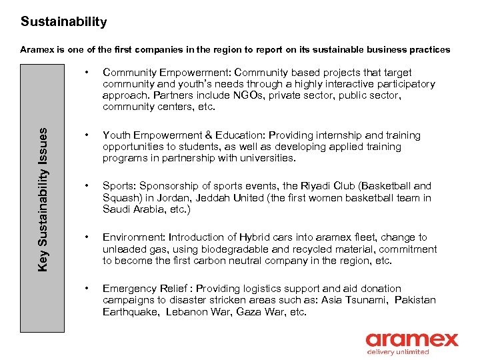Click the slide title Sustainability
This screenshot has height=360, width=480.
click(63, 22)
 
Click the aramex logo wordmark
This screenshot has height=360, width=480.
click(412, 339)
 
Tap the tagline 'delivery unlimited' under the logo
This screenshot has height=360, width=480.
click(398, 352)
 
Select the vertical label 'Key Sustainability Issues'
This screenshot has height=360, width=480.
click(43, 199)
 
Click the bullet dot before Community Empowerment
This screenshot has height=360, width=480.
click(87, 71)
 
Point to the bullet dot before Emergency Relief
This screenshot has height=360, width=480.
click(87, 289)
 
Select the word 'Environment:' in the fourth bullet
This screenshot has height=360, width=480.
click(133, 237)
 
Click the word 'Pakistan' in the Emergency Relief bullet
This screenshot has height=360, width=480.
click(415, 300)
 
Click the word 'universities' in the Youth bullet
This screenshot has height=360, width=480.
click(271, 158)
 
